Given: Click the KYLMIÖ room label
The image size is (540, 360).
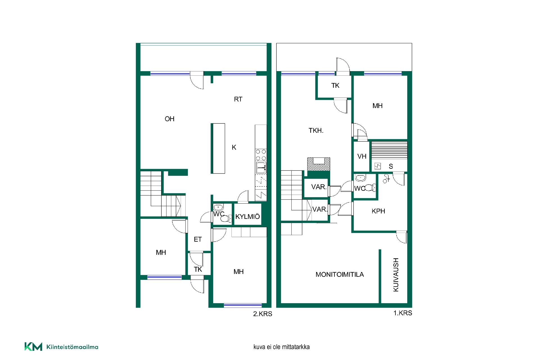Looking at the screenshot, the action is click(x=247, y=217).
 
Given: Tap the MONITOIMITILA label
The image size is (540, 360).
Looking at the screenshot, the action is click(x=339, y=274).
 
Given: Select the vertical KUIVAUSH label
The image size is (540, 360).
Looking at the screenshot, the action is click(x=396, y=275).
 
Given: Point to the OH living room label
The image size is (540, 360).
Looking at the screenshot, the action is click(x=169, y=119).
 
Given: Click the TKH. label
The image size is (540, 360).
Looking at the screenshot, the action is click(x=316, y=130).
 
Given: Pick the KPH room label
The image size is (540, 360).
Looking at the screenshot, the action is click(x=378, y=211).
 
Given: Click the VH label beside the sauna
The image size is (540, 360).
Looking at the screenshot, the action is click(x=362, y=156).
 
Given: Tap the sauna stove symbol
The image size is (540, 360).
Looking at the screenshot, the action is click(x=377, y=166).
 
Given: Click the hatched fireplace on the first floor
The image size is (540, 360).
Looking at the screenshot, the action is click(x=319, y=164).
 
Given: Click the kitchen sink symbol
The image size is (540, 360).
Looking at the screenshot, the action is click(x=261, y=168).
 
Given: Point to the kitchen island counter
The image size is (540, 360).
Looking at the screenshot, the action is click(x=218, y=148).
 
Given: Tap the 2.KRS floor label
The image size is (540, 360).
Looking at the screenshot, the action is click(x=263, y=314).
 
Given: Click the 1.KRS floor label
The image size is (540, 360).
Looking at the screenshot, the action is click(x=403, y=313).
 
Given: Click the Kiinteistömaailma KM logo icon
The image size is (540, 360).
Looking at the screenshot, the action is click(x=33, y=347).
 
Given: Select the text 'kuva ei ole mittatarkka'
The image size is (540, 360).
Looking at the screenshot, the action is click(x=282, y=347).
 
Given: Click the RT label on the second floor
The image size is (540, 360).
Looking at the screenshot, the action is click(x=238, y=99).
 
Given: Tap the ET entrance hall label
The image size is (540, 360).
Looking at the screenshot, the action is click(x=198, y=239).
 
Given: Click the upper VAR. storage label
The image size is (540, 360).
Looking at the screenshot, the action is click(x=319, y=187).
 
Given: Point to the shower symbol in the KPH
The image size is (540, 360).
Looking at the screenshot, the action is click(x=386, y=179).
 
